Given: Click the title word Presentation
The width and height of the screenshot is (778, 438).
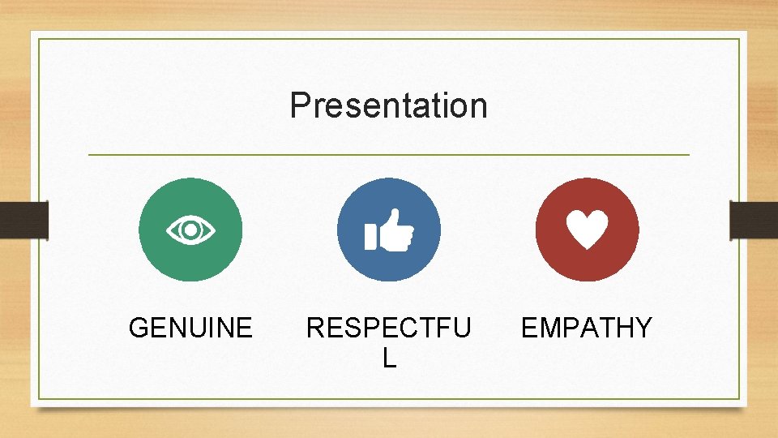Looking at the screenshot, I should [388, 105].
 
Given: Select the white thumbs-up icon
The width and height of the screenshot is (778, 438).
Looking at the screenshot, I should [389, 230].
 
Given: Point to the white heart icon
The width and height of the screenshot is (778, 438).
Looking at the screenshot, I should [587, 230].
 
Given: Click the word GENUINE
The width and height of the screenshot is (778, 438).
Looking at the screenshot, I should [190, 328].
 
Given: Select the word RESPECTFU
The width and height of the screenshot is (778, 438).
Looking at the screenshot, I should [388, 328].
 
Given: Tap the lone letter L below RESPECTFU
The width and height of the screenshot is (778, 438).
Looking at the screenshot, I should [389, 358].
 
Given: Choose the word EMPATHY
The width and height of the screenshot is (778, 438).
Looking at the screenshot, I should [586, 328].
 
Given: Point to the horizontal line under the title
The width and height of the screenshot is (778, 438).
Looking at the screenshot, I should [388, 154].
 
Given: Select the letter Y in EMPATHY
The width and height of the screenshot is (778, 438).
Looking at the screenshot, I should [643, 328].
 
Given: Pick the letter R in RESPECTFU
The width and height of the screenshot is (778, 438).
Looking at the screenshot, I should [315, 328].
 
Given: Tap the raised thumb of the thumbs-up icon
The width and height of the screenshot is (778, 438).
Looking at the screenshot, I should [395, 218].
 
